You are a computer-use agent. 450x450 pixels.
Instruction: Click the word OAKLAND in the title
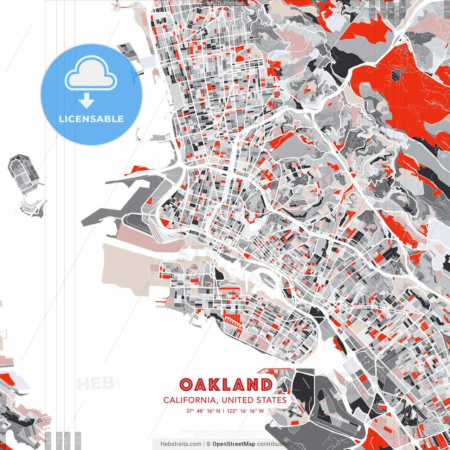[226, 385]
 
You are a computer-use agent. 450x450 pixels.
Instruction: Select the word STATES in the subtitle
[271, 400]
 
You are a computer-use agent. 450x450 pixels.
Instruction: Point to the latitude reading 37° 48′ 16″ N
[203, 411]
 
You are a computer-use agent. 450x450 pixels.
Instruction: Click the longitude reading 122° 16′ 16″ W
[245, 411]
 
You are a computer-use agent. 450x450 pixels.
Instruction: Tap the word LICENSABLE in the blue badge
[91, 119]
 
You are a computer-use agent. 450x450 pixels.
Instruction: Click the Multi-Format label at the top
[225, 3]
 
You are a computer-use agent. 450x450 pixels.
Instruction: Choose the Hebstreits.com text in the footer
[181, 444]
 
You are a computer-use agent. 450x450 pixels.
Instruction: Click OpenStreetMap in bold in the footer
[234, 444]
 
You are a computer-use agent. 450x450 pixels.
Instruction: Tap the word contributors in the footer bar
[273, 444]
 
